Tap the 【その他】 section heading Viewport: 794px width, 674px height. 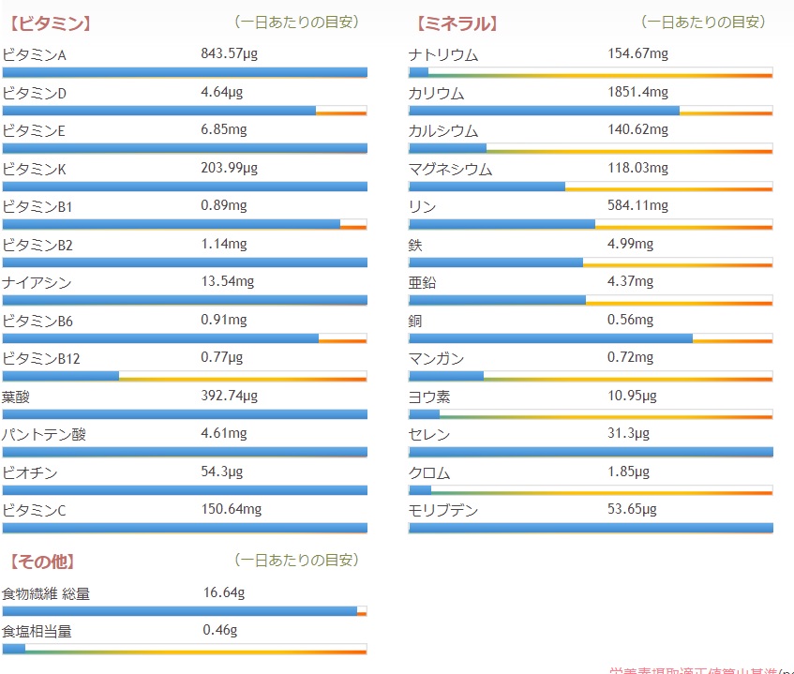(x=42, y=562)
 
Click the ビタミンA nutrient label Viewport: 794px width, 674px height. (x=35, y=55)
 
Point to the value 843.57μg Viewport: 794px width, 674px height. (x=229, y=53)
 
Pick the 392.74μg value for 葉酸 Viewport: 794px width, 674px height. (x=229, y=396)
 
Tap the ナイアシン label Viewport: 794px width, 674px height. (x=37, y=282)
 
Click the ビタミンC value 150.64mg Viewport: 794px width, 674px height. (x=232, y=509)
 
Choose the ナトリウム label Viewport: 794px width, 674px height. (x=443, y=55)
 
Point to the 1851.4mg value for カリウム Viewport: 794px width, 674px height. (x=638, y=92)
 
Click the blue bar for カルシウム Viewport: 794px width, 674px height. (x=448, y=148)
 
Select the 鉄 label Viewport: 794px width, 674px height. (x=415, y=245)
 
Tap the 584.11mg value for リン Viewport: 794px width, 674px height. (x=638, y=205)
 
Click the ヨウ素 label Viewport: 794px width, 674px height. (x=429, y=397)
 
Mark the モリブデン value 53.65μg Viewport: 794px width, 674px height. (x=633, y=509)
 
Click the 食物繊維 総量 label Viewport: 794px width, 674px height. (x=46, y=593)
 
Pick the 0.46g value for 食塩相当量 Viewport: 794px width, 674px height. (x=220, y=630)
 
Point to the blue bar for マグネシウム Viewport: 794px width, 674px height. (x=487, y=187)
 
